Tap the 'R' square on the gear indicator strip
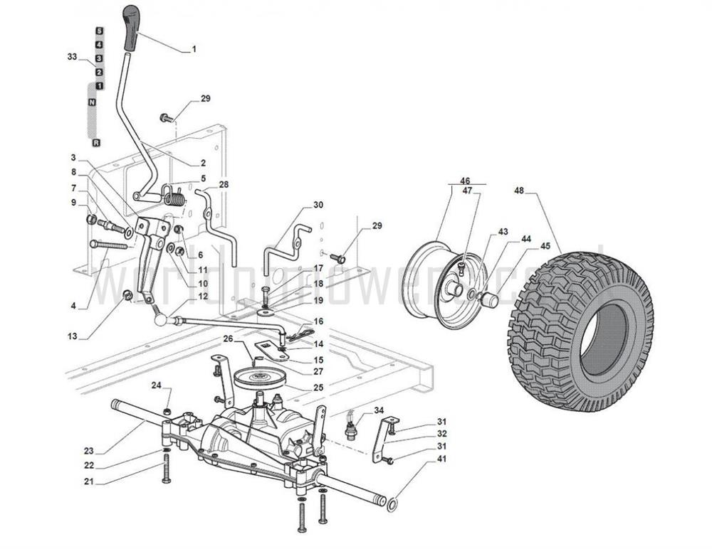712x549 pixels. (x=96, y=143)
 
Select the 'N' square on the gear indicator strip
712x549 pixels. (x=92, y=103)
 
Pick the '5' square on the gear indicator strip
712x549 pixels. (x=99, y=31)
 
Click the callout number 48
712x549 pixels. (x=519, y=191)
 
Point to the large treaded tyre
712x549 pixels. (x=580, y=331)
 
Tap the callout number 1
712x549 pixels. (x=194, y=50)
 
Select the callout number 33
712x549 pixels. (x=72, y=56)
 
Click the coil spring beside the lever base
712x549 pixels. (x=175, y=196)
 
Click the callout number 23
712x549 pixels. (x=88, y=450)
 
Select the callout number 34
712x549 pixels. (x=379, y=410)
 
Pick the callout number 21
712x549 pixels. (x=88, y=481)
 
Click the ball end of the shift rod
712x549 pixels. (x=161, y=321)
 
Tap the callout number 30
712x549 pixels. (x=318, y=205)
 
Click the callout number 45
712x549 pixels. (x=545, y=246)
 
